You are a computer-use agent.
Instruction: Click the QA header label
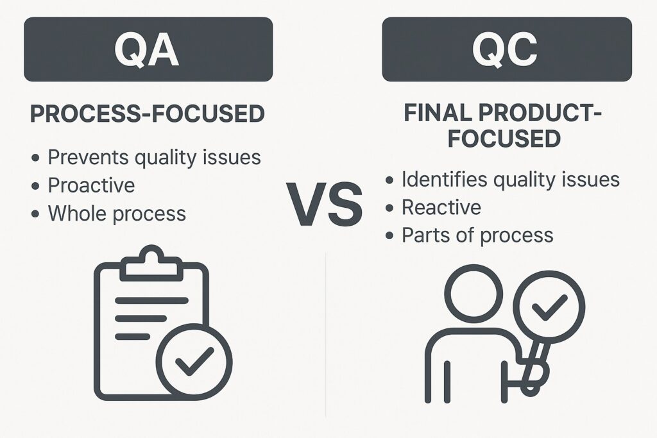click(148, 50)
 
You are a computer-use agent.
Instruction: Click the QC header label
click(506, 50)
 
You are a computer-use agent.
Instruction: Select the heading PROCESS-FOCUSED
click(148, 114)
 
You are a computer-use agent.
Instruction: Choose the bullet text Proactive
click(91, 185)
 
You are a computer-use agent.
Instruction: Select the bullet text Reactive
click(441, 207)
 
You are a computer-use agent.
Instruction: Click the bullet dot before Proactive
click(36, 186)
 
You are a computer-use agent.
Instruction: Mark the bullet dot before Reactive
click(389, 208)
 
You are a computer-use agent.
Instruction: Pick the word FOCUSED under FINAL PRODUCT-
click(504, 139)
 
